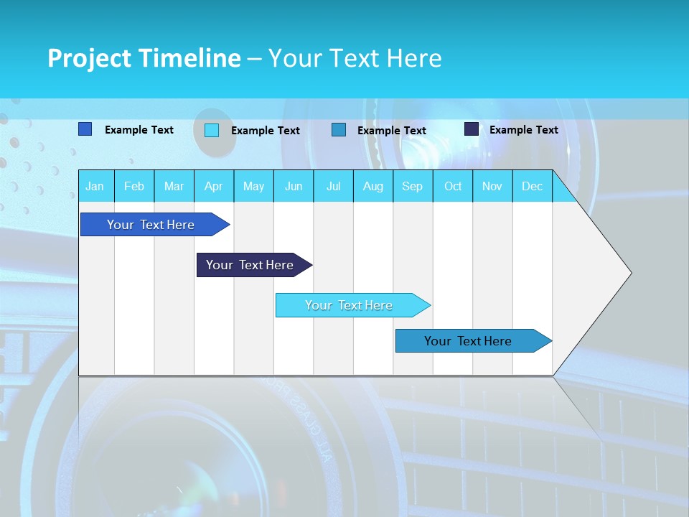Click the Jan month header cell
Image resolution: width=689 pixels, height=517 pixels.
click(95, 186)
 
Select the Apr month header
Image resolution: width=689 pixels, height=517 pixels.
click(213, 186)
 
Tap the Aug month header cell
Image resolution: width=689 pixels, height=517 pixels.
click(372, 186)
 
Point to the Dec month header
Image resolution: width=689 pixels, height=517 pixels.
click(532, 186)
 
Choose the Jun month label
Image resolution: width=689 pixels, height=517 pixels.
click(294, 186)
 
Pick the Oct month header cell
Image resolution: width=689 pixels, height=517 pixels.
click(453, 186)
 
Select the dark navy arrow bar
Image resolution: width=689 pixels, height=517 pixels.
click(251, 265)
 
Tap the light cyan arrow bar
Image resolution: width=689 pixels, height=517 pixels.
click(350, 305)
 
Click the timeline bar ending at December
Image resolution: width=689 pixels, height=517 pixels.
click(470, 341)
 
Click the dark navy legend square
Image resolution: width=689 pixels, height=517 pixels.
click(472, 129)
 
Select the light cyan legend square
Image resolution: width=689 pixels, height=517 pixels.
click(212, 130)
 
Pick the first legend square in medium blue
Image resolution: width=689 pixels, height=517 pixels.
click(85, 129)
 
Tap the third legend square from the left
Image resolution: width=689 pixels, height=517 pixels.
click(339, 130)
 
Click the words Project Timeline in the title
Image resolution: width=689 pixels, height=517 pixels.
click(144, 58)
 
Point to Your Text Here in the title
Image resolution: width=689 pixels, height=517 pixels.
click(355, 58)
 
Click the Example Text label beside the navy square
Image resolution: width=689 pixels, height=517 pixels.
click(523, 130)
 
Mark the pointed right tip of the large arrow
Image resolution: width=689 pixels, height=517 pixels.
click(629, 272)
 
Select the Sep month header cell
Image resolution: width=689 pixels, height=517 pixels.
click(412, 186)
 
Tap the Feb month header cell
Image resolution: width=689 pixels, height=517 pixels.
click(134, 186)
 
